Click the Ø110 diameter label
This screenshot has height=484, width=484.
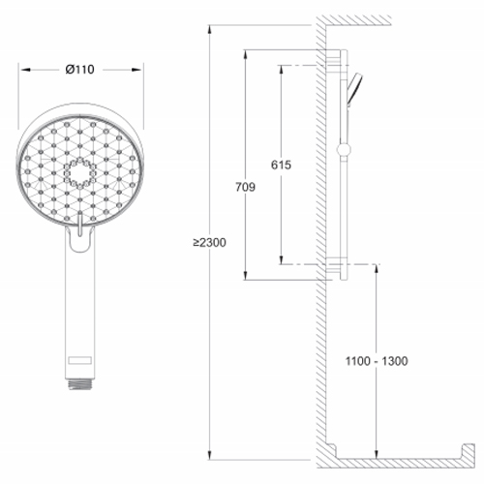coord(79,70)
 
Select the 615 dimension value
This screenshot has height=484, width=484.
coord(281,165)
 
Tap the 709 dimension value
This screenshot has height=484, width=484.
coord(245,187)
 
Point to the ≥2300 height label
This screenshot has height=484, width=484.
coord(210,242)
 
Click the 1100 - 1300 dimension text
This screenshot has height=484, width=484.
coord(377,361)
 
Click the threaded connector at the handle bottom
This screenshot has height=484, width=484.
coord(79,384)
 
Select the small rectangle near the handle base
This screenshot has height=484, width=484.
coord(79,360)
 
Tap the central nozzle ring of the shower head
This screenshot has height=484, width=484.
coord(79,173)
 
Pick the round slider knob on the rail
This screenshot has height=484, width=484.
coord(344,150)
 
